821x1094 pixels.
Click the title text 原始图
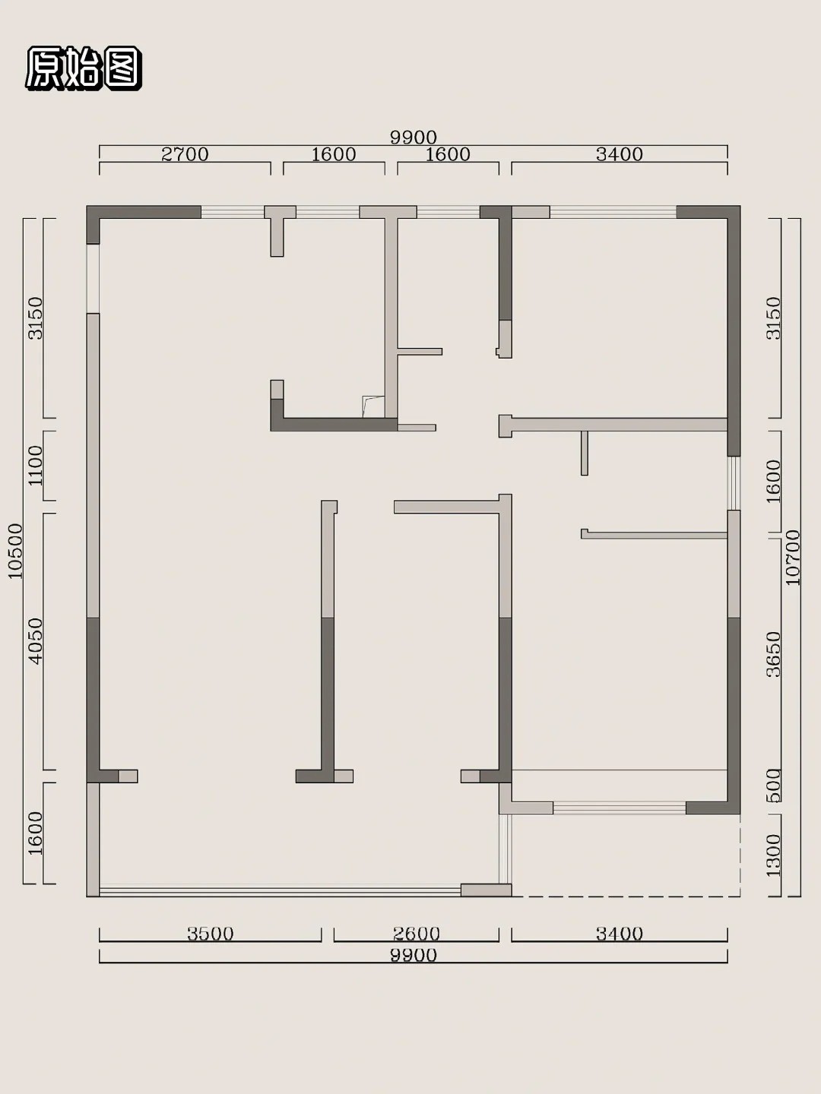tap(84, 68)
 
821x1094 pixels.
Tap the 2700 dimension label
tap(185, 154)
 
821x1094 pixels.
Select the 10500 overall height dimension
tap(15, 551)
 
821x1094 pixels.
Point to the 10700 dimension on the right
tap(792, 557)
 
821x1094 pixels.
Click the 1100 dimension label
tap(36, 466)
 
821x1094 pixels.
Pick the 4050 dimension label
tap(36, 641)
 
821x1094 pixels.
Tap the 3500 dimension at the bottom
tap(211, 934)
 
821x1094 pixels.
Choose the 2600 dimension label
tap(417, 934)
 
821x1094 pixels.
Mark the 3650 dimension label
tap(773, 654)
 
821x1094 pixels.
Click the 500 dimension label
tap(773, 786)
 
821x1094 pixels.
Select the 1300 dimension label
tap(773, 855)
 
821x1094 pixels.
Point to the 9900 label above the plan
tap(414, 138)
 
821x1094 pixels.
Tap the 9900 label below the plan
tap(414, 955)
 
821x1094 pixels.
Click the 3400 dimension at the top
tap(620, 154)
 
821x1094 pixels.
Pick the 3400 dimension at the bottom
tap(620, 934)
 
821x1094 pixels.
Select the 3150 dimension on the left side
tap(36, 318)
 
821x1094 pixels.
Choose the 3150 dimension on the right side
tap(773, 318)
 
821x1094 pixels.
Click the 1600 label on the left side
tap(36, 833)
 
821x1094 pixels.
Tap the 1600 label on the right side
tap(773, 482)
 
